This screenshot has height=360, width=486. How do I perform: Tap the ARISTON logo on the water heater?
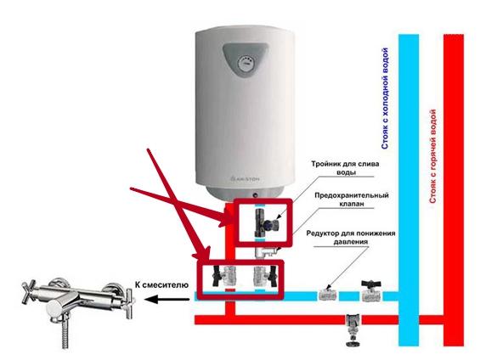coord(245,179)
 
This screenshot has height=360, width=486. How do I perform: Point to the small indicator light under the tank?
coord(255,195)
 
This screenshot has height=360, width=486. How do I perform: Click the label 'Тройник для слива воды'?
coord(345,168)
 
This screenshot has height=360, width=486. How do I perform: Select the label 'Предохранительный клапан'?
coord(352,200)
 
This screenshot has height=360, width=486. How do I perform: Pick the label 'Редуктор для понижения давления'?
coord(351,237)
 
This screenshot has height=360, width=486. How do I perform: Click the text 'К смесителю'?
coord(161,284)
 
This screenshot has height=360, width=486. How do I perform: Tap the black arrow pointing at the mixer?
coord(167,299)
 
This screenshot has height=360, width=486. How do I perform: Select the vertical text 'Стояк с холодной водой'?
coord(385,98)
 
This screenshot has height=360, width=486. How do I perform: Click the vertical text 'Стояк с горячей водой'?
coord(433,156)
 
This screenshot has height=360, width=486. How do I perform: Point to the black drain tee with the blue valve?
coord(267,222)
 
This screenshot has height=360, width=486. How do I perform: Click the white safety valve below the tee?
coord(266,251)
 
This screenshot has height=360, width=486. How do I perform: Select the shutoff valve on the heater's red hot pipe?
coord(223,275)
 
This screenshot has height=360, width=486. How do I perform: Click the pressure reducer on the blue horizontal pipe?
coord(328,295)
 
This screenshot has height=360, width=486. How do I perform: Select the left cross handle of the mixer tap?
coord(31,291)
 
